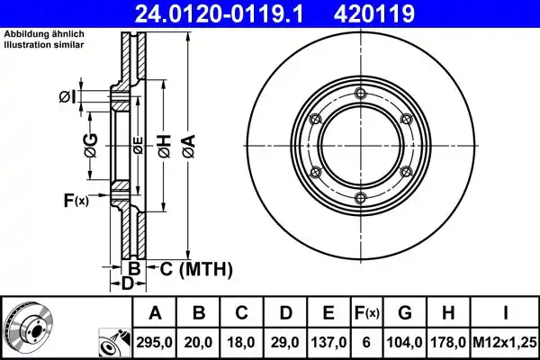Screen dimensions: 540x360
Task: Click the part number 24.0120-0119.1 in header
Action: point(220,13)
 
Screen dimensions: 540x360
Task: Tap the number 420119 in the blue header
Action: point(374,13)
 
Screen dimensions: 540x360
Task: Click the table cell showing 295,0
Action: point(154,342)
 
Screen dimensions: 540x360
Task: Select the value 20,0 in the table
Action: point(198,342)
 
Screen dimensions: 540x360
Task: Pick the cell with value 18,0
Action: point(242,342)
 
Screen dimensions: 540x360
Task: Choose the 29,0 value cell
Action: point(285,342)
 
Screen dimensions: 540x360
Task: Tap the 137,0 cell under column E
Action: point(328,342)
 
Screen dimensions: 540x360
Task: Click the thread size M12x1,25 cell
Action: point(505,342)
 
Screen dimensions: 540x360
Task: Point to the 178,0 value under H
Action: point(448,342)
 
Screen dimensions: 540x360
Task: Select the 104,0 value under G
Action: point(405,342)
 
